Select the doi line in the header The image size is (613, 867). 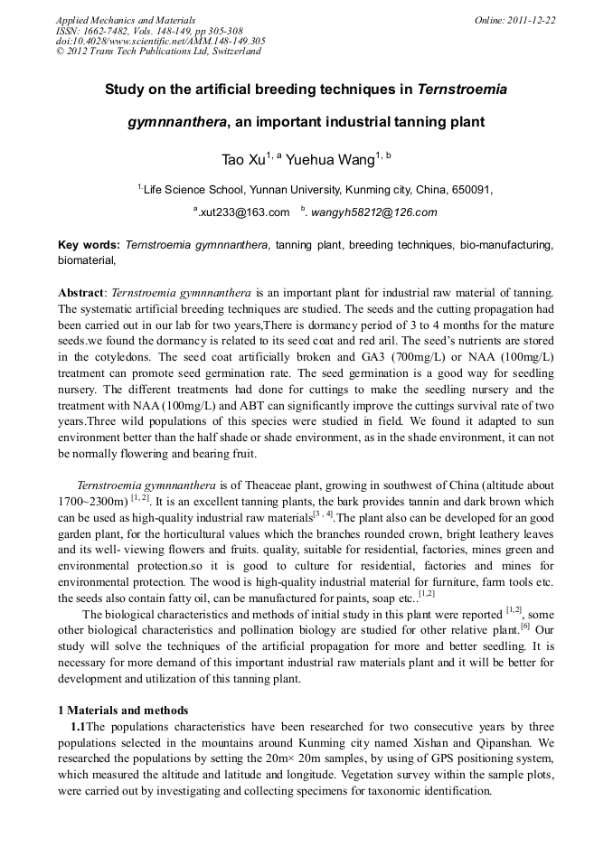(x=160, y=41)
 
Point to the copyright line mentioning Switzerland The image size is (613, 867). (x=158, y=52)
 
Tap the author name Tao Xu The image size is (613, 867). (x=242, y=160)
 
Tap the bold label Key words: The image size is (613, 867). (x=89, y=245)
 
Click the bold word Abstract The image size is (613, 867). (x=80, y=294)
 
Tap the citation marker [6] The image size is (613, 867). (x=524, y=626)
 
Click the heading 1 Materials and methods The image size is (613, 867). (x=123, y=710)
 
